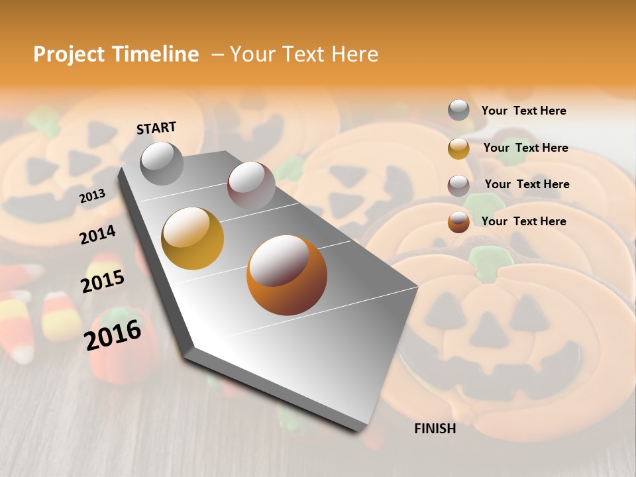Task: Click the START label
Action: (156, 128)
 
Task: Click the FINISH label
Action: (435, 429)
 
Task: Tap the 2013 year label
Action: (92, 195)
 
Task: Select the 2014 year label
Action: (97, 235)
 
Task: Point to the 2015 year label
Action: (103, 281)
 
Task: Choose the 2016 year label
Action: (113, 335)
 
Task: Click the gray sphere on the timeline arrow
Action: (162, 163)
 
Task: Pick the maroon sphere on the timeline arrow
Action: (251, 185)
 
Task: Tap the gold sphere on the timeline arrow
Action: (193, 238)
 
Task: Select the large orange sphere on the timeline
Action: (287, 275)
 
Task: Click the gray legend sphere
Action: (458, 111)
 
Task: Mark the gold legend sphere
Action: (458, 148)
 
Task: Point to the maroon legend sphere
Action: (458, 185)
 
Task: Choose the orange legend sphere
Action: (458, 222)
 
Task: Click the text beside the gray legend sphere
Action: (523, 111)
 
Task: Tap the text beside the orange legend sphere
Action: (523, 221)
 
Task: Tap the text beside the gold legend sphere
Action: (525, 148)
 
